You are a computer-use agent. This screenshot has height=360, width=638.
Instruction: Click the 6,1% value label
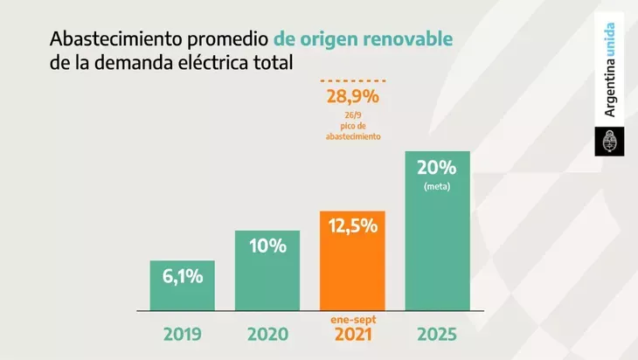183,277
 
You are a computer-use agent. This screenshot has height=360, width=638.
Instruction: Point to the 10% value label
267,246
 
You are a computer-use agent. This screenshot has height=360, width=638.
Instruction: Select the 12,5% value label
352,225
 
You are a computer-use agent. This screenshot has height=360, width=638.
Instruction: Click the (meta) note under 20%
437,186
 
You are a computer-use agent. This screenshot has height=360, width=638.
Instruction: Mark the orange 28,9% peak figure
353,96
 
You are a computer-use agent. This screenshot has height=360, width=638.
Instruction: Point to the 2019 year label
183,335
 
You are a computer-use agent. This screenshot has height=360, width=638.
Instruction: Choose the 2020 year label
267,335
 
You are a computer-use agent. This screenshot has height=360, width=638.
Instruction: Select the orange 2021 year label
352,336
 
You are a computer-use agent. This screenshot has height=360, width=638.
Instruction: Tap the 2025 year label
437,335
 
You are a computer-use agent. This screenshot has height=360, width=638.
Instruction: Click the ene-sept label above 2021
352,320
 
